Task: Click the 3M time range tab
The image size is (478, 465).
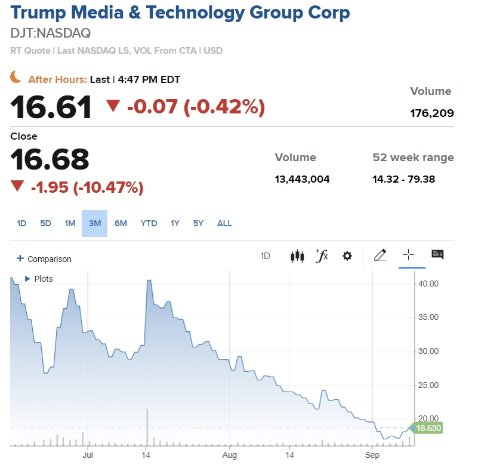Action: click(94, 223)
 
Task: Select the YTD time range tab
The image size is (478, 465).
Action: click(149, 223)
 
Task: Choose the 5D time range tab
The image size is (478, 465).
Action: click(45, 223)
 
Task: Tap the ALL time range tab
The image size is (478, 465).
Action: click(224, 223)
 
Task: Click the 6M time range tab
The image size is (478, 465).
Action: click(121, 223)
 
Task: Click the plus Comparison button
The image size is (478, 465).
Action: click(44, 259)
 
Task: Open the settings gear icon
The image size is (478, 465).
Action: click(347, 256)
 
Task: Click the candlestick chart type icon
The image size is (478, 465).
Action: click(297, 256)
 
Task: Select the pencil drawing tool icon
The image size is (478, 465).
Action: click(380, 255)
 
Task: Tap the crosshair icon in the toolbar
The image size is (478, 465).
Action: click(408, 255)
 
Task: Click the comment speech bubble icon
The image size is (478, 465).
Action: click(437, 255)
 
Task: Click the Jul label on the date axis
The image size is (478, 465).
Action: click(88, 455)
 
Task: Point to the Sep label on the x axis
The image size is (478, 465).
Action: click(372, 455)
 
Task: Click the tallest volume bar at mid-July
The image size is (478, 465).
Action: click(147, 427)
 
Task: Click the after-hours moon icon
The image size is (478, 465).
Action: click(16, 77)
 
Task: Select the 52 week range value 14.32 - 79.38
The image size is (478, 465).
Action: click(413, 179)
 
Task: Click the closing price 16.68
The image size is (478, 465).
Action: click(50, 159)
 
